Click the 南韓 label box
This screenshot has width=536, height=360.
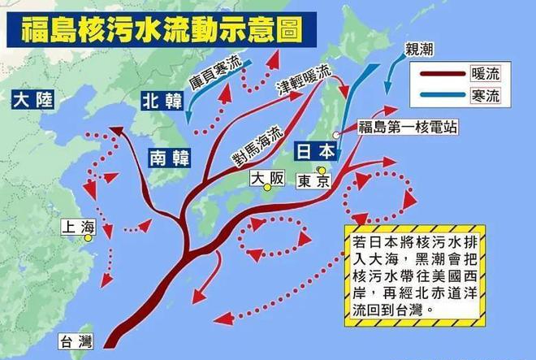coord(168,158)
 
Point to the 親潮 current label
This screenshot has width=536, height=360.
coord(419,50)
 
